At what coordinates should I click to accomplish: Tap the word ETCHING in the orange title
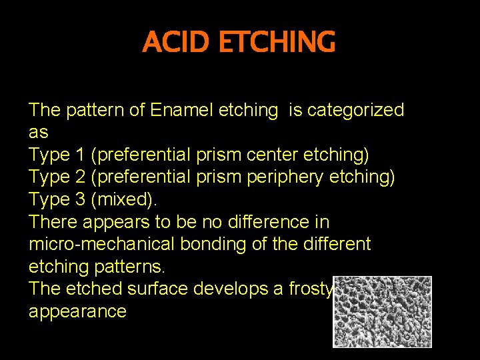[x=277, y=43]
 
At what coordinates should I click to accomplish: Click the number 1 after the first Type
[x=80, y=155]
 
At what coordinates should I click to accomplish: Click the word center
[x=274, y=155]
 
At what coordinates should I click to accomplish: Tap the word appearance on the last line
[x=77, y=311]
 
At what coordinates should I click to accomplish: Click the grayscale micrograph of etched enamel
[x=383, y=311]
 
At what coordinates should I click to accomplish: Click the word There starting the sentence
[x=53, y=222]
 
